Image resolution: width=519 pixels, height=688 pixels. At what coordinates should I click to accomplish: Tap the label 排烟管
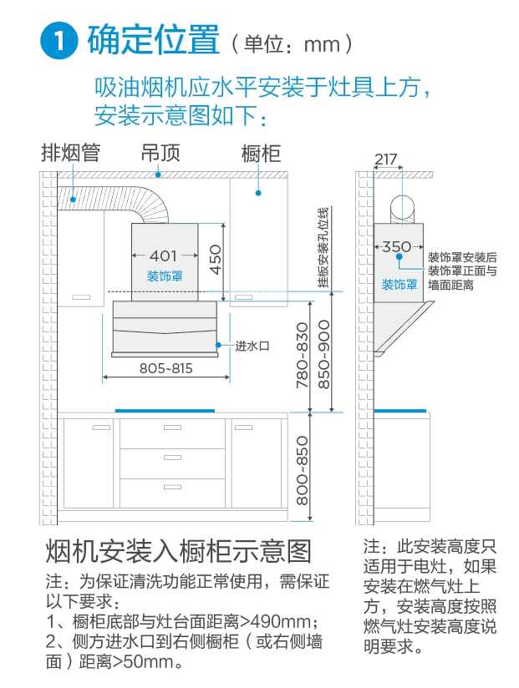pyautogui.click(x=71, y=153)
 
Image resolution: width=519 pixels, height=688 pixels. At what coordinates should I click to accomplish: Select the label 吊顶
pyautogui.click(x=160, y=153)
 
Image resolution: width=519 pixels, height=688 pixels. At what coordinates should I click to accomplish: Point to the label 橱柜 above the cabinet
pyautogui.click(x=260, y=153)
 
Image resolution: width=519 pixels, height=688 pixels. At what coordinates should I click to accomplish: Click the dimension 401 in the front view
pyautogui.click(x=164, y=255)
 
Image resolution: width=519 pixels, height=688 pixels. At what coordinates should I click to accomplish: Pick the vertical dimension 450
pyautogui.click(x=215, y=260)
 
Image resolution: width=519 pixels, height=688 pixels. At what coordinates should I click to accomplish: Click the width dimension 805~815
pyautogui.click(x=165, y=367)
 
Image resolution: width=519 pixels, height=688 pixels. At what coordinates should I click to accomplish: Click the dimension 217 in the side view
pyautogui.click(x=385, y=159)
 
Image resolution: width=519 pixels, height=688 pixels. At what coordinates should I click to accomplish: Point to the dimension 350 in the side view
pyautogui.click(x=396, y=246)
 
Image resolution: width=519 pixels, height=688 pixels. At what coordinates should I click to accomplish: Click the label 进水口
pyautogui.click(x=251, y=345)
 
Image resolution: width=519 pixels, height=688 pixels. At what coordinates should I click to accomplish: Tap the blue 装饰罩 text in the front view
pyautogui.click(x=165, y=276)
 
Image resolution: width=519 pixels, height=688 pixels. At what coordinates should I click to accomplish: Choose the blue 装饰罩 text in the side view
pyautogui.click(x=399, y=284)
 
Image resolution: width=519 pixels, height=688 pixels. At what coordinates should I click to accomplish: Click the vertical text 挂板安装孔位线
pyautogui.click(x=323, y=247)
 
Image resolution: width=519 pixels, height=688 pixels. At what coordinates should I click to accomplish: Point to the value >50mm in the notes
pyautogui.click(x=147, y=662)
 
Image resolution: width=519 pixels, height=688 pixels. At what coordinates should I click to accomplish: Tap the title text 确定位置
pyautogui.click(x=153, y=40)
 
